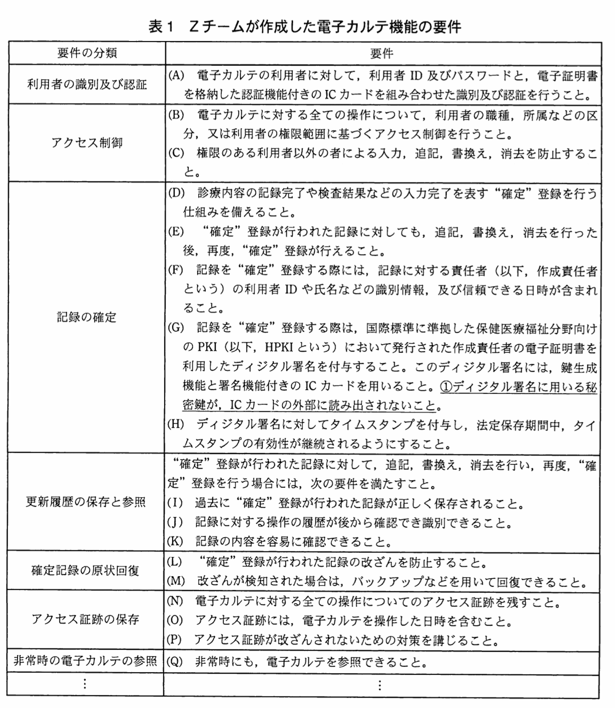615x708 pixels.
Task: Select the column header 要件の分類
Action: coord(87,53)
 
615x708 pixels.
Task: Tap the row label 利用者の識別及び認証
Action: coord(87,84)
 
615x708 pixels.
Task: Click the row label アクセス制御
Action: coord(87,143)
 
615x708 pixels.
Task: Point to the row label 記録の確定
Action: coord(86,317)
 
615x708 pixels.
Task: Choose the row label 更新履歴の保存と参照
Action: coord(86,502)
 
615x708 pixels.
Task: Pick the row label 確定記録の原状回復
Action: coord(85,571)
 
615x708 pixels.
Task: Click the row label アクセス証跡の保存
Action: coord(85,619)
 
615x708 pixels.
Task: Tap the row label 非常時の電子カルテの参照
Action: coord(85,661)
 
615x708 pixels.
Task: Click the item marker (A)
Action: coord(176,75)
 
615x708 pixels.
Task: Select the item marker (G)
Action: coord(176,328)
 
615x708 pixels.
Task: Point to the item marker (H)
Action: coord(176,424)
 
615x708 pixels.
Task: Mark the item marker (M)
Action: coord(176,581)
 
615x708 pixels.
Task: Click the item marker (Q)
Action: coord(175,661)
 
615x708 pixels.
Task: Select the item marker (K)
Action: coord(175,541)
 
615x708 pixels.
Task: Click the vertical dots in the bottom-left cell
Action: coord(85,684)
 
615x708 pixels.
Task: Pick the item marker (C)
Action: coord(176,153)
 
